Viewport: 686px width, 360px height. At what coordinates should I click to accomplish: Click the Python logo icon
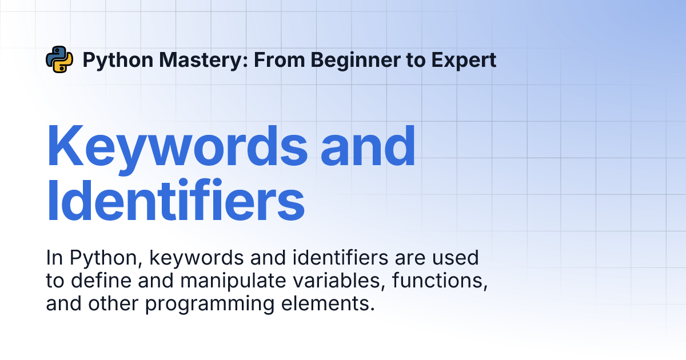click(x=59, y=59)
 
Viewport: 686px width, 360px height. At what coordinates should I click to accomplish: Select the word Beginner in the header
click(x=356, y=60)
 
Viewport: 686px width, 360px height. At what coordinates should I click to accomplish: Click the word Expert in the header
click(x=464, y=60)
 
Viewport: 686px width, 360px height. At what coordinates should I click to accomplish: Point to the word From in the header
click(x=280, y=60)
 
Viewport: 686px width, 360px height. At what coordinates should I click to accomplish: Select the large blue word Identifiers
click(x=176, y=199)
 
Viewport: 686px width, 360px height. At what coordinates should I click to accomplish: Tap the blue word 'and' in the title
click(x=368, y=145)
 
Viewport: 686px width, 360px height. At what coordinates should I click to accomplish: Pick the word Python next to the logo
click(x=118, y=61)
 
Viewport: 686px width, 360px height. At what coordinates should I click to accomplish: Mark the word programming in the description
click(x=209, y=305)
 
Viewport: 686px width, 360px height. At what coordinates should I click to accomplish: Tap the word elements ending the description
click(x=328, y=303)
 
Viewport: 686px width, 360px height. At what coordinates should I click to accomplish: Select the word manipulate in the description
click(x=233, y=281)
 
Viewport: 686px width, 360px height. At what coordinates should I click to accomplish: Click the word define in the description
click(x=101, y=281)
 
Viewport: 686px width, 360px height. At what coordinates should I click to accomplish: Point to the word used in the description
click(x=456, y=258)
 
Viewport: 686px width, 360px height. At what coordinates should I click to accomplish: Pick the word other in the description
click(x=113, y=303)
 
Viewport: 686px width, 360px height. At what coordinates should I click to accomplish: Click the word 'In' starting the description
click(x=54, y=258)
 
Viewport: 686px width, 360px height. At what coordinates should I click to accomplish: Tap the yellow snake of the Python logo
click(x=63, y=63)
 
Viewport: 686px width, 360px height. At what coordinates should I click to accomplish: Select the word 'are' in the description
click(x=410, y=259)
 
